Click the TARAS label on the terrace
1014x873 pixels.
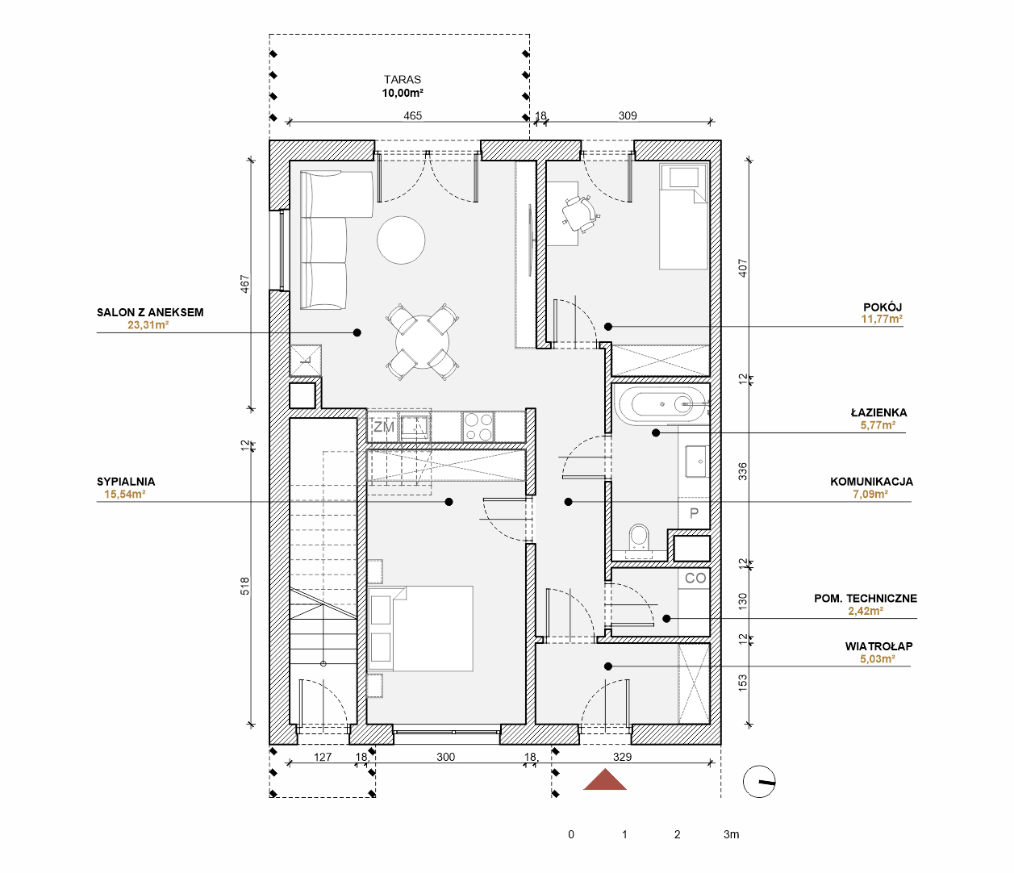[x=403, y=80]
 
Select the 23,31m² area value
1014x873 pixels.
[x=148, y=325]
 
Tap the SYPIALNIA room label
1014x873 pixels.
[x=126, y=482]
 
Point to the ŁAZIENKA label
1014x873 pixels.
[x=878, y=412]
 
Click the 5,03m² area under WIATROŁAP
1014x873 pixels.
[x=878, y=659]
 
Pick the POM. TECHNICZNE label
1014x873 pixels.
[x=866, y=599]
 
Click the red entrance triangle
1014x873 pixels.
[x=605, y=779]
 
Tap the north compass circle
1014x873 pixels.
[x=759, y=782]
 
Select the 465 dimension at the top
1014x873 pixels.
[x=412, y=116]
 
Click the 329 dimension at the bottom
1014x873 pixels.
[x=622, y=757]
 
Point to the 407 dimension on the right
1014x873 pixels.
[x=743, y=269]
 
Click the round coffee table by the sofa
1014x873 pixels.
[x=401, y=240]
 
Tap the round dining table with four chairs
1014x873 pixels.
[x=423, y=342]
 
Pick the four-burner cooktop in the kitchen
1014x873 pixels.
[x=478, y=427]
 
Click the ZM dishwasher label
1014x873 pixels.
[x=384, y=427]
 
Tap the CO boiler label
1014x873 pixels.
[x=695, y=578]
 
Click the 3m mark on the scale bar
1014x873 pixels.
[x=731, y=835]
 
